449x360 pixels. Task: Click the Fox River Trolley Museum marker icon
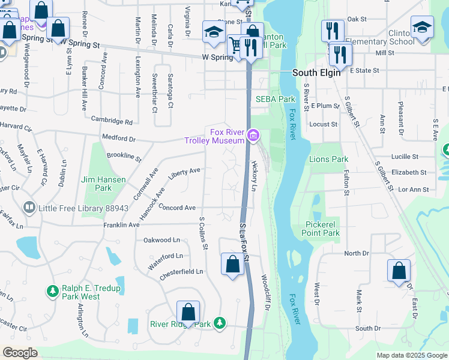253,137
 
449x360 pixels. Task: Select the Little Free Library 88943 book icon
29,208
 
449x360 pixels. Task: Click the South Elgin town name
316,73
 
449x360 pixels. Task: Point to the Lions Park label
328,160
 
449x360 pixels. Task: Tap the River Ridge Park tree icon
220,323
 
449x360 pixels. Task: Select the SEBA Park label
276,99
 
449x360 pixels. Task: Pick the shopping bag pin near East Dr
399,271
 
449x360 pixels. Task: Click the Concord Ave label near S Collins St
178,208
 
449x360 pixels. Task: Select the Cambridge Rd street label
112,121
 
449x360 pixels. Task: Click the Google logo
20,353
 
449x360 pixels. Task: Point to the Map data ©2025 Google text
412,355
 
